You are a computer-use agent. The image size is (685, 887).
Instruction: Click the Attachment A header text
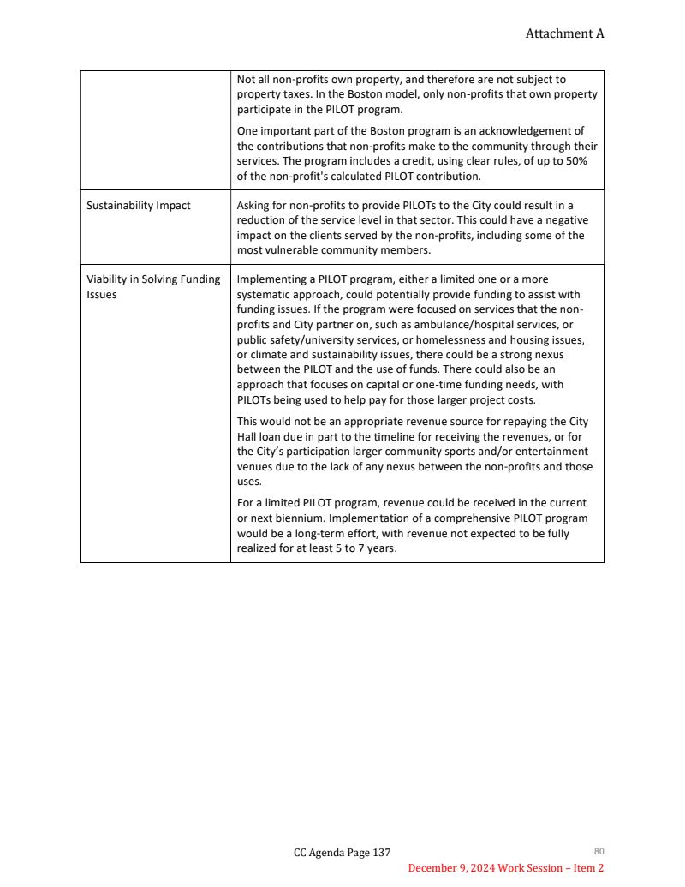(564, 33)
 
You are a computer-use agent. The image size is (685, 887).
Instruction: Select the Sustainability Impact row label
(139, 206)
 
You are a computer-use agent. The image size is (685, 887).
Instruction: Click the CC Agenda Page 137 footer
(342, 852)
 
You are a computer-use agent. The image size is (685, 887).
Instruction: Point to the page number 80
(599, 851)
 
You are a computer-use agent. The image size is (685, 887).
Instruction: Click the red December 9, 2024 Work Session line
(505, 868)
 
